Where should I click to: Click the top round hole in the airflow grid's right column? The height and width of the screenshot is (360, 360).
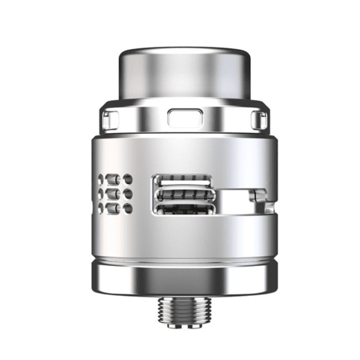click(x=128, y=180)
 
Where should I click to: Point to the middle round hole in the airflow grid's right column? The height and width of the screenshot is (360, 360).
click(x=128, y=194)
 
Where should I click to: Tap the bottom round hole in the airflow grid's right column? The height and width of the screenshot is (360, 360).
click(x=128, y=208)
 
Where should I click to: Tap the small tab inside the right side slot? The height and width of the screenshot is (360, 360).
click(x=260, y=196)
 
